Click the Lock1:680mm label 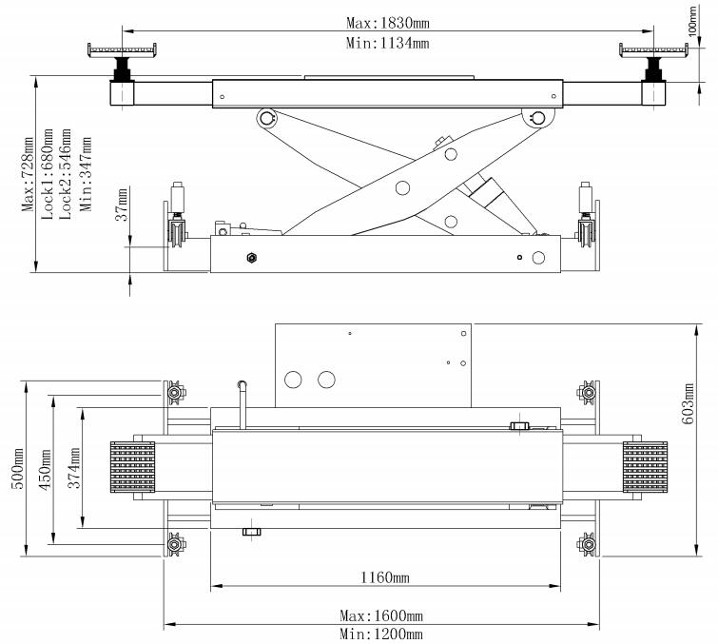tap(47, 181)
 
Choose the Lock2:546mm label tap(66, 181)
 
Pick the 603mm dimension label tap(690, 398)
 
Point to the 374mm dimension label tap(73, 469)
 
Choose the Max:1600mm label tap(381, 616)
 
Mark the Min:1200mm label tap(381, 634)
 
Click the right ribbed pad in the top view tap(646, 470)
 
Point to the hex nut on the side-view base tap(252, 257)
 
